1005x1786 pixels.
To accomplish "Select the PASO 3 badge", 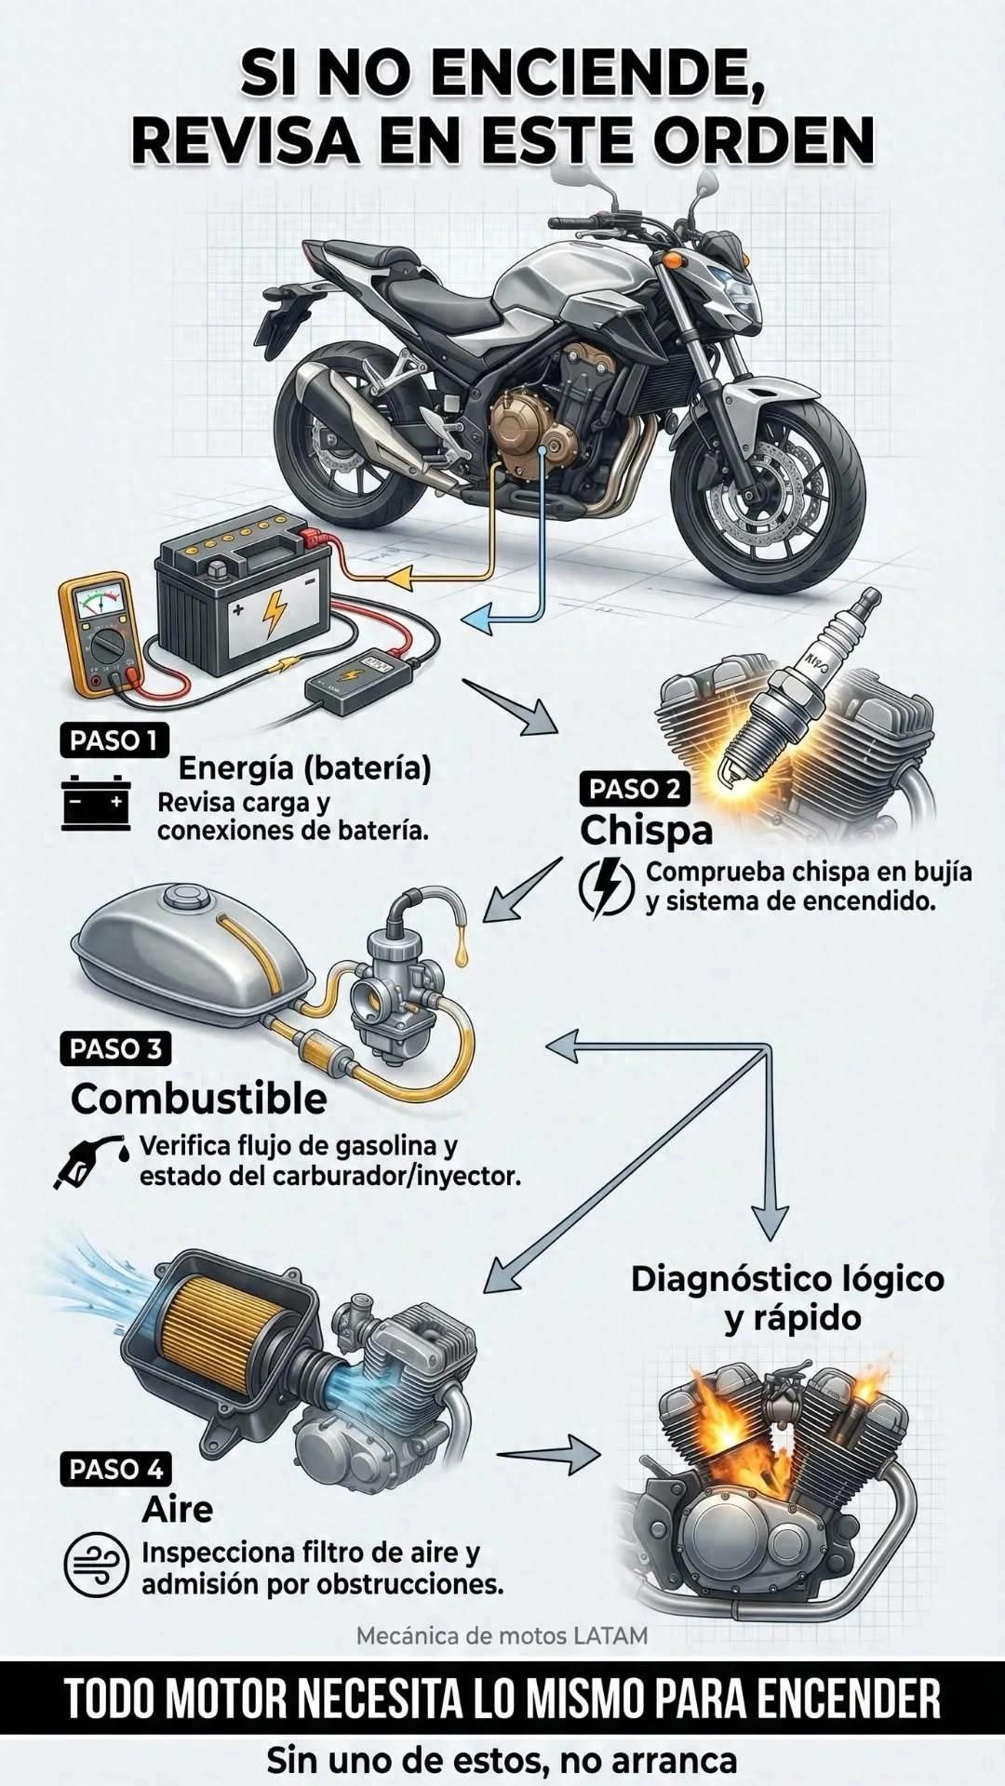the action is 116,1048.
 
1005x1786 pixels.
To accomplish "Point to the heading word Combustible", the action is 199,1099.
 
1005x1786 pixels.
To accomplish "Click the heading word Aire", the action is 177,1509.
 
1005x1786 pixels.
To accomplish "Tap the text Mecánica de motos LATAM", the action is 502,1634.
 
